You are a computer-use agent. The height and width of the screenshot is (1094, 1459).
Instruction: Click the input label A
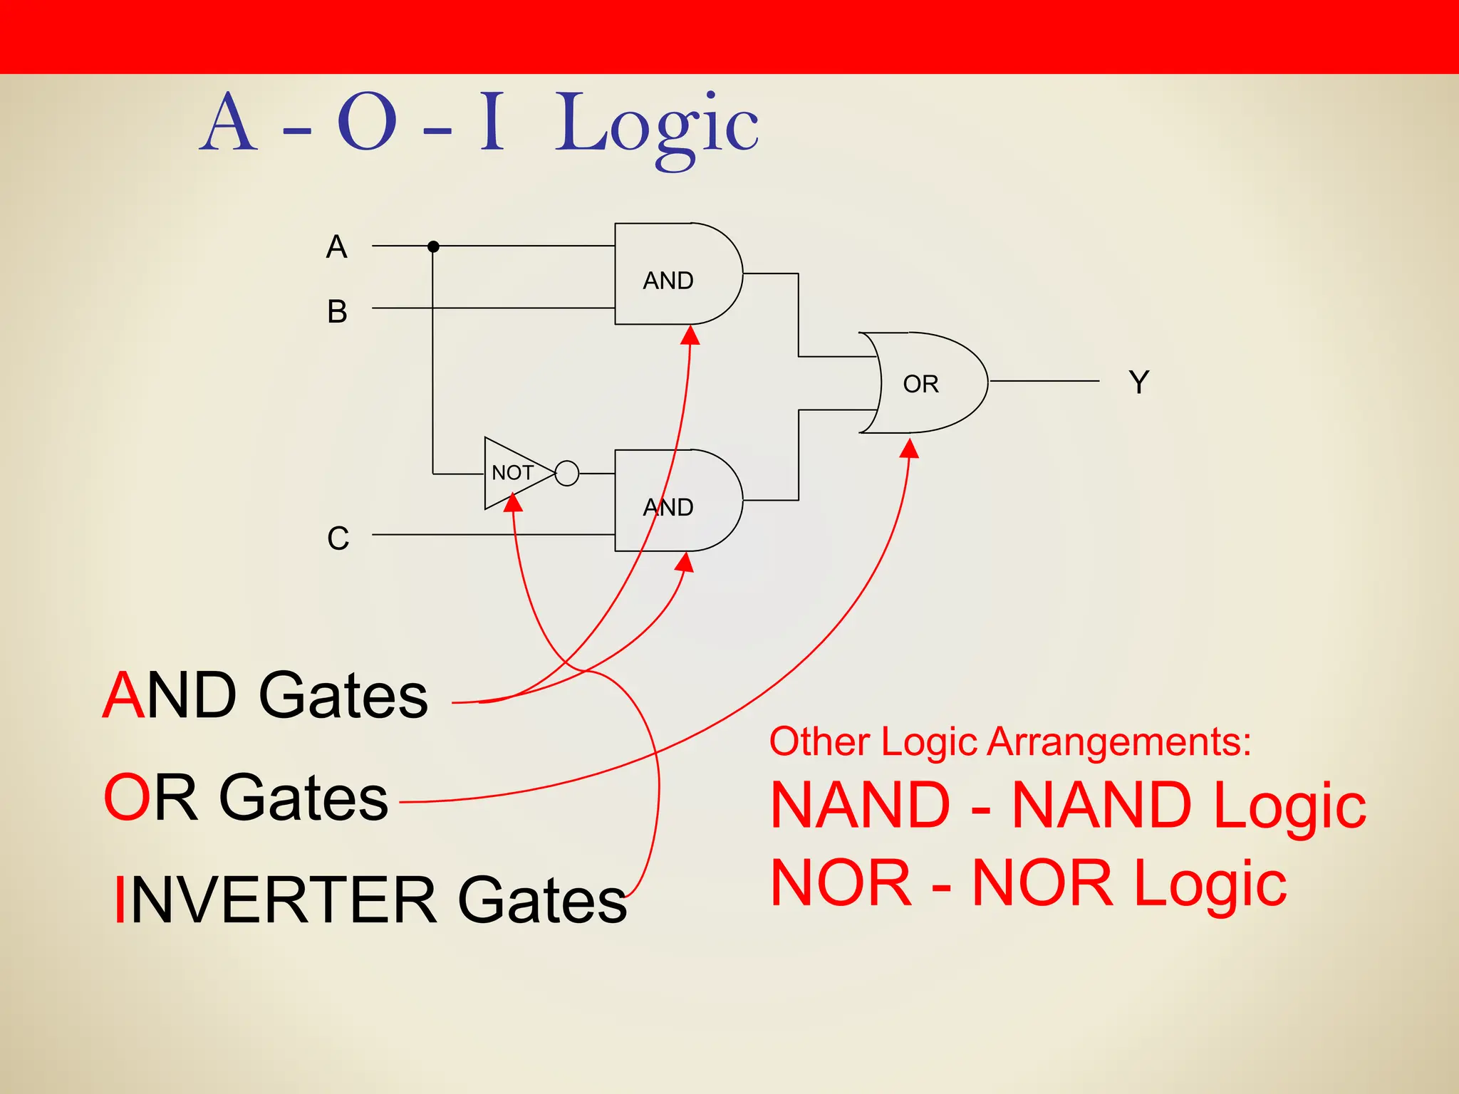pyautogui.click(x=336, y=247)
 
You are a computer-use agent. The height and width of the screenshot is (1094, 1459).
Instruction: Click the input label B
pyautogui.click(x=337, y=312)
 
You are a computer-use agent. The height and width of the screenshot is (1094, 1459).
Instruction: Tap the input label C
pyautogui.click(x=338, y=538)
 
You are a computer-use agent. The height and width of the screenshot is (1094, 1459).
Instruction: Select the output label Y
pyautogui.click(x=1138, y=382)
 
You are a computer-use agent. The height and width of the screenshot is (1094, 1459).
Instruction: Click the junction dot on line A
pyautogui.click(x=433, y=246)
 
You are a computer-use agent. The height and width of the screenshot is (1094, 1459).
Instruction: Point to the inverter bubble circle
pyautogui.click(x=567, y=473)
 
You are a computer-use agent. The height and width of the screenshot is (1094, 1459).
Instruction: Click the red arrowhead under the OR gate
pyautogui.click(x=910, y=449)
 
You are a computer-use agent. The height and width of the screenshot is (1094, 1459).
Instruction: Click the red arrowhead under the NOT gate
pyautogui.click(x=513, y=503)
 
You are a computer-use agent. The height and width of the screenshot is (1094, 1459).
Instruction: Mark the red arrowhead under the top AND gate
pyautogui.click(x=690, y=335)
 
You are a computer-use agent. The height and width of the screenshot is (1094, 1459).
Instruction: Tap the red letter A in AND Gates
pyautogui.click(x=124, y=695)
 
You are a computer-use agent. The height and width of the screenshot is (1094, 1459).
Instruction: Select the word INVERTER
pyautogui.click(x=275, y=901)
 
